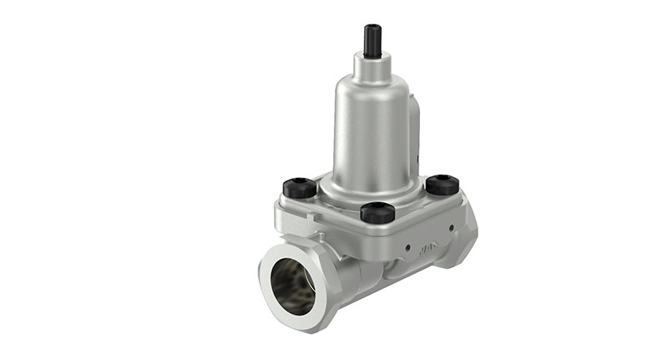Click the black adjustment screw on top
click(372, 40)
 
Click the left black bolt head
click(301, 187)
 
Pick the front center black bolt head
click(377, 212)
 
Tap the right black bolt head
click(443, 184)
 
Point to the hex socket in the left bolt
click(301, 183)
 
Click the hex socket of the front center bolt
click(377, 208)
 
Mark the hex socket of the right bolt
click(443, 180)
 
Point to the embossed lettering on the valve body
click(429, 246)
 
